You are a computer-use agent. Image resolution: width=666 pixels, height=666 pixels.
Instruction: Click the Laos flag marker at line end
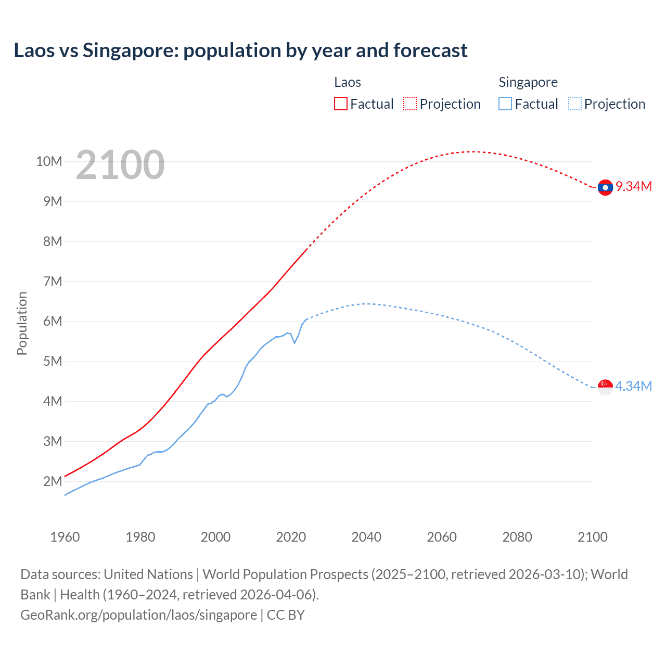point(605,187)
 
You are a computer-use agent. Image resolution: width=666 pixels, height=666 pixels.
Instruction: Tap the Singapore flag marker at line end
point(605,387)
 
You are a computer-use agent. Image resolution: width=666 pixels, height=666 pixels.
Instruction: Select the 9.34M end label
point(634,186)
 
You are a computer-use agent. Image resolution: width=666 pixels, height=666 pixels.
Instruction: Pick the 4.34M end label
point(634,386)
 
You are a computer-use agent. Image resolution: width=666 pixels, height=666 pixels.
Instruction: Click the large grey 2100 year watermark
point(120,165)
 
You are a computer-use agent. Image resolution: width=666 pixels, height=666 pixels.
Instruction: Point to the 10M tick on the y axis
point(49,161)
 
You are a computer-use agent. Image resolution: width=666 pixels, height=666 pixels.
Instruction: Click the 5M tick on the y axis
point(53,361)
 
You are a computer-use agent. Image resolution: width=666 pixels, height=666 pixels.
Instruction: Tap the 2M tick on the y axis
point(53,481)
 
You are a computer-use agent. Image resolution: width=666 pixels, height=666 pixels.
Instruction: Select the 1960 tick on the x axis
point(65,537)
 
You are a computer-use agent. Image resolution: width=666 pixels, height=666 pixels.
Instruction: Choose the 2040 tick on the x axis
point(366,537)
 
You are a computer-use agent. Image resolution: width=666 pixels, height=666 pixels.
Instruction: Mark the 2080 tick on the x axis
point(517,537)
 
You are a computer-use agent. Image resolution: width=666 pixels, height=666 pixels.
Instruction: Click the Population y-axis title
point(22,323)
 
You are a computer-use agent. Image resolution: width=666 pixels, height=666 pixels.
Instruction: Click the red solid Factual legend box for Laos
point(340,104)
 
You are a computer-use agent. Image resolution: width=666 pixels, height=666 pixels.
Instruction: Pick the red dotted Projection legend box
point(410,104)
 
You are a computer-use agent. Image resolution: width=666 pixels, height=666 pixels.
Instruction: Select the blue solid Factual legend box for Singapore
point(505,104)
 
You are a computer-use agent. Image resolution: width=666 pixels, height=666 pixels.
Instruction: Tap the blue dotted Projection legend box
point(574,104)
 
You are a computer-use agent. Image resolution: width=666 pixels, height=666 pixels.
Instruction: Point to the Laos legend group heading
point(348,82)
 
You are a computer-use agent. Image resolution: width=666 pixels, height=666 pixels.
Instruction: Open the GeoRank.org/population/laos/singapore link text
point(138,615)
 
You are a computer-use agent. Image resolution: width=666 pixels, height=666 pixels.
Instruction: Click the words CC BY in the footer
point(286,615)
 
